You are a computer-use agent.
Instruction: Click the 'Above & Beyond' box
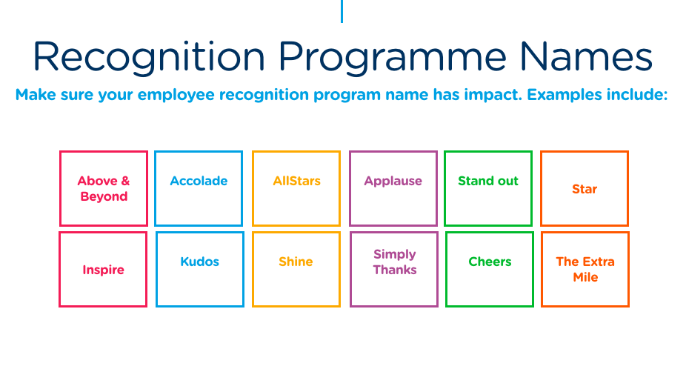tap(104, 188)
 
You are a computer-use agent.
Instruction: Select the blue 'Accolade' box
tap(199, 188)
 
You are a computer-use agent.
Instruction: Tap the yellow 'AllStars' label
tap(296, 182)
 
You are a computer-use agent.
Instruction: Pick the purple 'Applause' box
tap(393, 188)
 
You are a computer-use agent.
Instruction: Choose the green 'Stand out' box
tap(488, 188)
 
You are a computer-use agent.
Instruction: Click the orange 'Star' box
tap(585, 189)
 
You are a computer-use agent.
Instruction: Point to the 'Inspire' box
tap(103, 270)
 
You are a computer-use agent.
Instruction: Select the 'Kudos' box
tap(199, 269)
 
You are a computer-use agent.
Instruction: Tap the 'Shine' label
tap(296, 262)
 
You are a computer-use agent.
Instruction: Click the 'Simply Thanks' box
tap(395, 269)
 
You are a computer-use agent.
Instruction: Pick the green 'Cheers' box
tap(490, 269)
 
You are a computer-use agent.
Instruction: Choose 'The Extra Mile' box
tap(585, 269)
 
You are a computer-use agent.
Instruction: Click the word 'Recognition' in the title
tap(148, 56)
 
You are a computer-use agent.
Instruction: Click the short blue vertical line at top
tap(342, 11)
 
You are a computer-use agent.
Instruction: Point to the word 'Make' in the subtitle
tap(33, 96)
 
